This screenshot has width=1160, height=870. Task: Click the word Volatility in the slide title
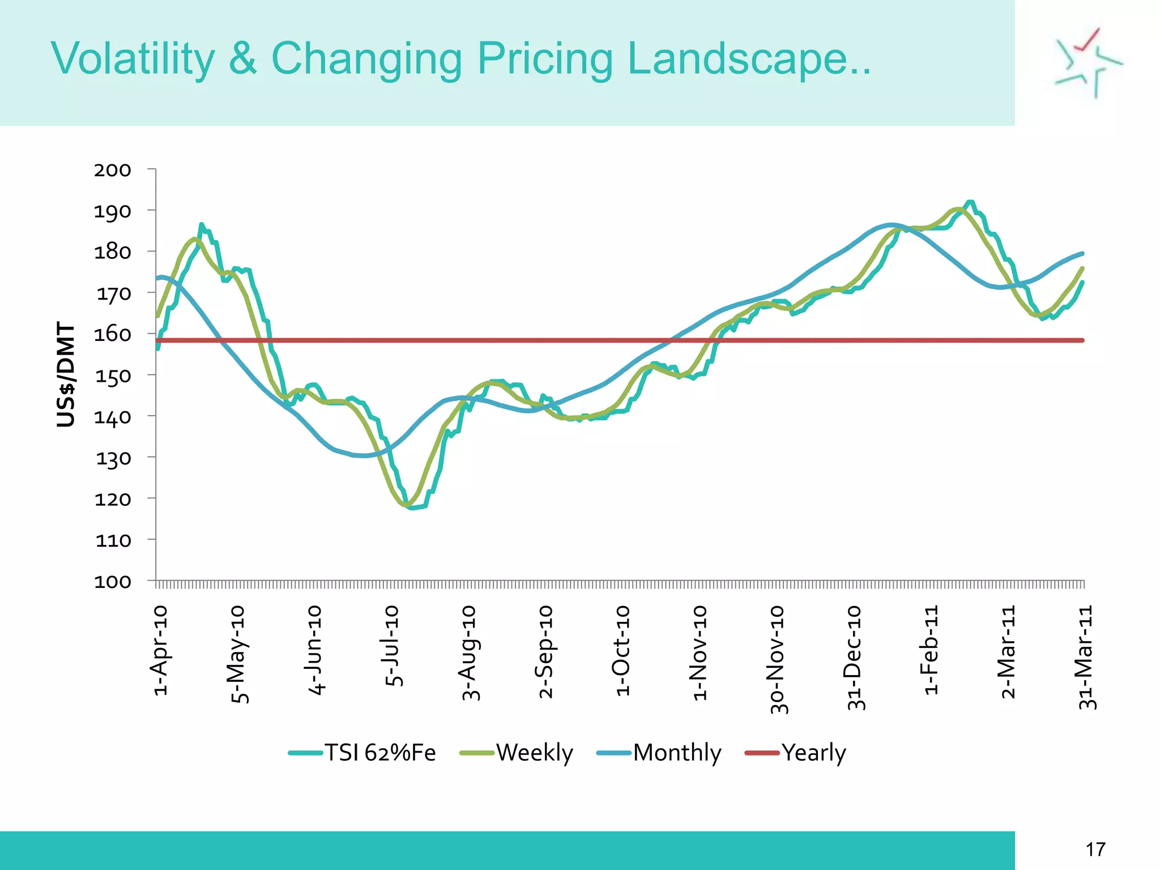click(x=133, y=59)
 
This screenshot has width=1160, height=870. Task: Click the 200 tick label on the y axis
click(x=113, y=170)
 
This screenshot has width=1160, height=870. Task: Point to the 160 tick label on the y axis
click(x=113, y=334)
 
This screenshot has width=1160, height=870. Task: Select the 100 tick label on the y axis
click(x=113, y=582)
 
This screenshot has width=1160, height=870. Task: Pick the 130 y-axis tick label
click(x=113, y=458)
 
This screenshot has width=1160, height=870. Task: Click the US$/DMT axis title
click(x=66, y=374)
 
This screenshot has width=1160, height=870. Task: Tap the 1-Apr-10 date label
click(x=160, y=650)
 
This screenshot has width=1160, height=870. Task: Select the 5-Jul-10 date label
click(x=392, y=646)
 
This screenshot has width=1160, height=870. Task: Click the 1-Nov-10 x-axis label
click(x=700, y=652)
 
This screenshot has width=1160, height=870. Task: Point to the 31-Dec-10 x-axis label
click(x=854, y=658)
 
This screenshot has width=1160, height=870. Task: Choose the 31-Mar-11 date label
click(x=1086, y=658)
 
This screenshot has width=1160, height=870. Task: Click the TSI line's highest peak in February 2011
click(x=970, y=202)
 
